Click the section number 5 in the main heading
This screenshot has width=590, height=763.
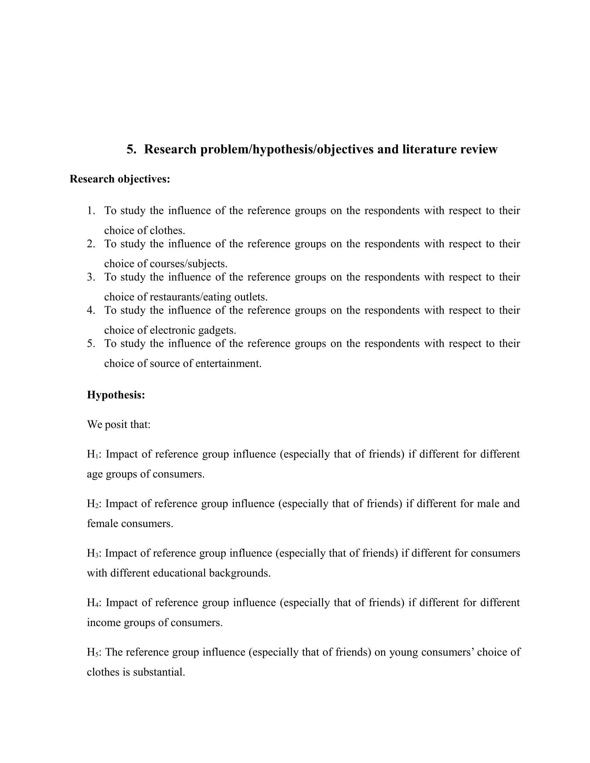tap(130, 149)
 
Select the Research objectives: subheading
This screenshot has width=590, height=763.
tap(120, 179)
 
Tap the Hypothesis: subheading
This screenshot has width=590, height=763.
tap(116, 395)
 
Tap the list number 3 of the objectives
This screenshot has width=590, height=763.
tap(91, 277)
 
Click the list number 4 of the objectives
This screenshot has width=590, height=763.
tap(91, 310)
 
